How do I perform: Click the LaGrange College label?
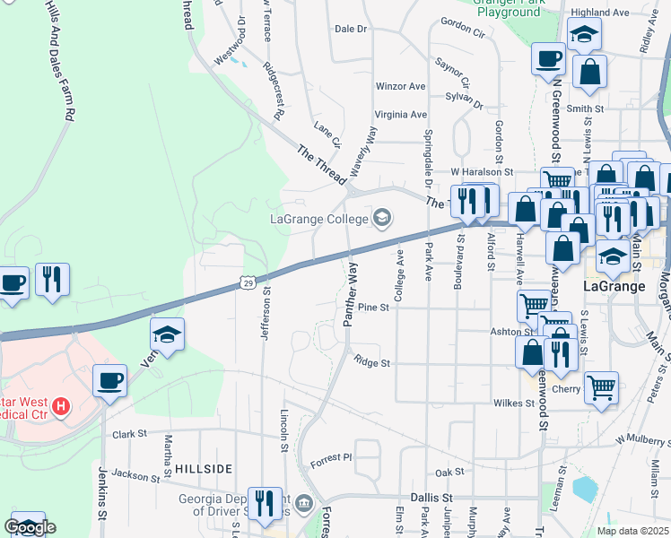[x=318, y=219]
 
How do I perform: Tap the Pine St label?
[x=372, y=308]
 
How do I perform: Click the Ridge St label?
[x=371, y=363]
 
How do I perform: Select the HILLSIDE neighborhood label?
[x=204, y=469]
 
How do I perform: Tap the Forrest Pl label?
[x=332, y=459]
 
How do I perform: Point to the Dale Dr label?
[x=351, y=29]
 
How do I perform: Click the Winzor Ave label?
[x=400, y=87]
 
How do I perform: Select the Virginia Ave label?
[x=400, y=115]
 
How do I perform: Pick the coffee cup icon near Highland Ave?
[x=548, y=60]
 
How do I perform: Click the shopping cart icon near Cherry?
[x=601, y=387]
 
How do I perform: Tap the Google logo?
[x=30, y=527]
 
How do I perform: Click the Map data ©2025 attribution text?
[x=632, y=530]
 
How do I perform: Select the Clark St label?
[x=129, y=434]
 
